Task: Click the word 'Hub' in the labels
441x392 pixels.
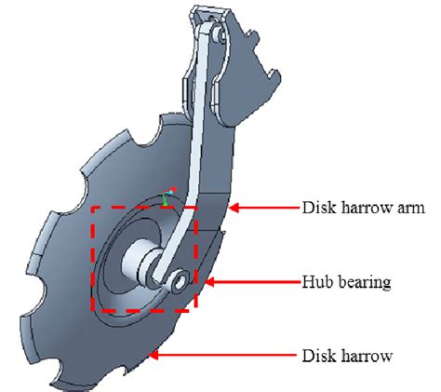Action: pos(314,279)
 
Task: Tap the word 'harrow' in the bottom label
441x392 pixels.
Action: pos(357,355)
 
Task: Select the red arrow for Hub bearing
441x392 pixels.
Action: pos(244,280)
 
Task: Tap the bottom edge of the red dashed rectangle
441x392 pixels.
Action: pos(144,310)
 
